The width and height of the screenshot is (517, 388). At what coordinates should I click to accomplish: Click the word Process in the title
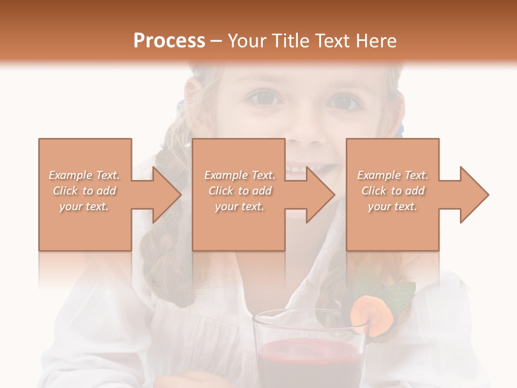[x=169, y=40]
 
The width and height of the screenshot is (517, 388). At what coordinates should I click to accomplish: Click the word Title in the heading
[x=288, y=40]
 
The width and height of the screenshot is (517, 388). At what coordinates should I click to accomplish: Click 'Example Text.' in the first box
[x=85, y=175]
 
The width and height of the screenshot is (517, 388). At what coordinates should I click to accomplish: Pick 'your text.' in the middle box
[x=239, y=206]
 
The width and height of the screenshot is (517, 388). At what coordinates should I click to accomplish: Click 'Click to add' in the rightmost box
[x=393, y=191]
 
